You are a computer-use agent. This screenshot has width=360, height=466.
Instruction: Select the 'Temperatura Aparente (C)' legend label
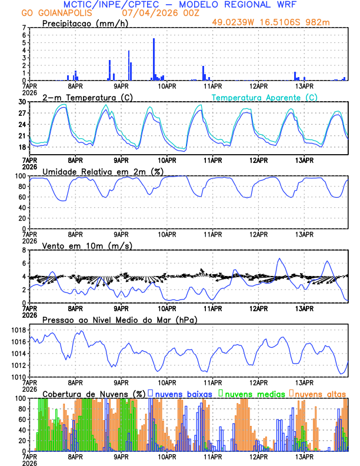265,97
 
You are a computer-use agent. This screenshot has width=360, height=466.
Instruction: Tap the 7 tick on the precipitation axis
24,28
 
